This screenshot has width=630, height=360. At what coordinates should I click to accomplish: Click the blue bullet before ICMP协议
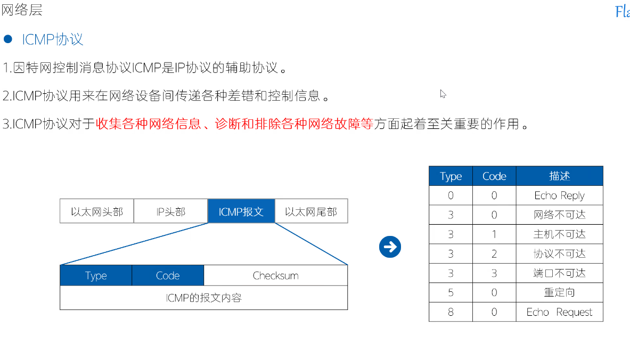(x=7, y=39)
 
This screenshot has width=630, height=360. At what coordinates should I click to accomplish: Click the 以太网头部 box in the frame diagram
(x=96, y=211)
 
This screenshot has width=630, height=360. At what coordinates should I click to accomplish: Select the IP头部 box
(x=170, y=211)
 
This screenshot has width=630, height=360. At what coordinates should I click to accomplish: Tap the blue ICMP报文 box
(x=241, y=211)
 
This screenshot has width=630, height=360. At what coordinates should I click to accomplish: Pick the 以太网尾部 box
(x=311, y=211)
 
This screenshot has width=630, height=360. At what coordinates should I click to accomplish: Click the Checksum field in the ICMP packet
(x=275, y=276)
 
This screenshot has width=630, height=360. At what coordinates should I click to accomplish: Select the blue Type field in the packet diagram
(x=96, y=276)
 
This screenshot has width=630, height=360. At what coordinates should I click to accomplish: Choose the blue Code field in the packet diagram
(x=168, y=276)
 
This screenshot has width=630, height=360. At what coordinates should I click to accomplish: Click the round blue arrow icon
(x=390, y=247)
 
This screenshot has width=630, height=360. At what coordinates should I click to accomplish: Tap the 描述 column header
(x=559, y=176)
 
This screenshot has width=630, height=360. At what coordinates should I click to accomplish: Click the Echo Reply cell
(x=559, y=195)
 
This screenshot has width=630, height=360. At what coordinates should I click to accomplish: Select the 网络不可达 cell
(x=559, y=215)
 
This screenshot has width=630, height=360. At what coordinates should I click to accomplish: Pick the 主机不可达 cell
(x=559, y=234)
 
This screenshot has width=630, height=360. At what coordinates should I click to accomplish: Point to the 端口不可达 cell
(x=559, y=273)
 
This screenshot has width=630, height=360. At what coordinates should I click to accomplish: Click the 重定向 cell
(x=559, y=292)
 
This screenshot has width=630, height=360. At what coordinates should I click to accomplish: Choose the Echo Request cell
(x=559, y=312)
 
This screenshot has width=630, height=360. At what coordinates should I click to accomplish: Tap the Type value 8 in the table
(x=451, y=312)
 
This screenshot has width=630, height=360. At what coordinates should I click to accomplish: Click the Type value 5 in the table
(x=451, y=292)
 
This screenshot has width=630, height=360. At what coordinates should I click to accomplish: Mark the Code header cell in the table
(x=494, y=176)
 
